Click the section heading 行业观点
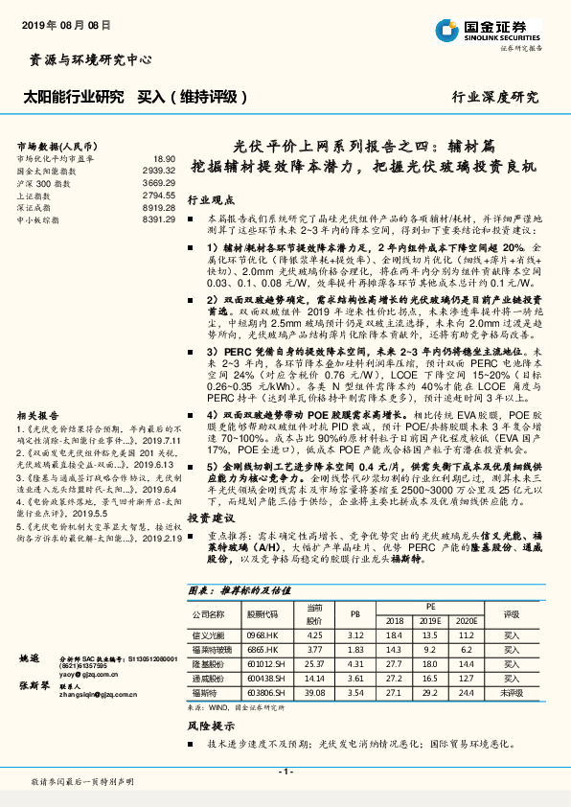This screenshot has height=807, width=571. (x=209, y=201)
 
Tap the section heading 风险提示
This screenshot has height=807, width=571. (x=209, y=726)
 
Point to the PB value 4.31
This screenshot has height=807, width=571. (x=354, y=661)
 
